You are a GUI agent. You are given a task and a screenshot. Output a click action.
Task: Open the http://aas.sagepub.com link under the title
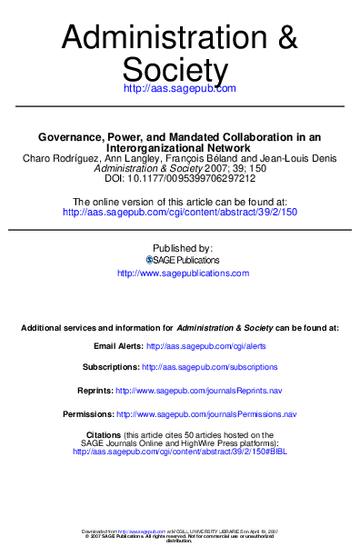[179, 89]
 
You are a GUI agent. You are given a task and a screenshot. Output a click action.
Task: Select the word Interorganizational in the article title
[150, 147]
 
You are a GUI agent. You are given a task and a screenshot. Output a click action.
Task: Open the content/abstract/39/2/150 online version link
[179, 212]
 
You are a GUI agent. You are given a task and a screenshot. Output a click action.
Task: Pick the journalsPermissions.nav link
[224, 413]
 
